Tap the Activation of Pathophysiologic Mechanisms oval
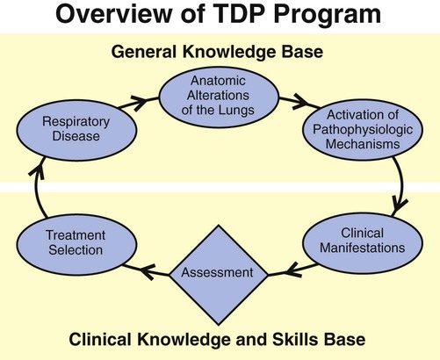coord(357,129)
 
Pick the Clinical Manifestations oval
coord(357,241)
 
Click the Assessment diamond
coord(218,272)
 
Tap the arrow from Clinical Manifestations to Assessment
coord(285,269)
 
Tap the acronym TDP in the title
coord(236,18)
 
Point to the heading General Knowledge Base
coord(219,51)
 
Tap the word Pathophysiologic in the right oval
coord(357,130)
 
